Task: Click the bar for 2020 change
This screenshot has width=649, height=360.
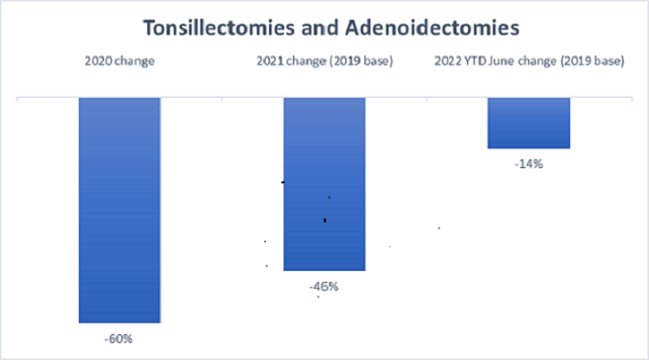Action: pos(119,210)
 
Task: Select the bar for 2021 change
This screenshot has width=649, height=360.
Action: pos(324,184)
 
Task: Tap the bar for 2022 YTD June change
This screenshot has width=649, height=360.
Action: pos(529,123)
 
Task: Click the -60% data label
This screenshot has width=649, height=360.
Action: pos(119,339)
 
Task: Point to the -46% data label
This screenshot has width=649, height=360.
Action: pos(324,286)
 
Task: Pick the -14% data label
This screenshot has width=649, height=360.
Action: pos(529,164)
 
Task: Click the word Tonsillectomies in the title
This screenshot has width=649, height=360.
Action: pos(219,28)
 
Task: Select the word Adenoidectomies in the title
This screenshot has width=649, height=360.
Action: pos(432,28)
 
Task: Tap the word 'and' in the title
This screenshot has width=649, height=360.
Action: pos(319,28)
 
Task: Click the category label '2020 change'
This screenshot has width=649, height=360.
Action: pos(119,61)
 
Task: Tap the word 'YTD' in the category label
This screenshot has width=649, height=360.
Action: pos(475,61)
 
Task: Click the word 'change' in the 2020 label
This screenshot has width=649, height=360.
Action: pos(134,61)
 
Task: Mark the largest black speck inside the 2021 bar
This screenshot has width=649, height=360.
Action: pos(324,220)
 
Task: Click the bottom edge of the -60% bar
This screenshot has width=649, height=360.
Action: pos(119,322)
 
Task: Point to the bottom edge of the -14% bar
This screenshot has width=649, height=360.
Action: pos(529,148)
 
